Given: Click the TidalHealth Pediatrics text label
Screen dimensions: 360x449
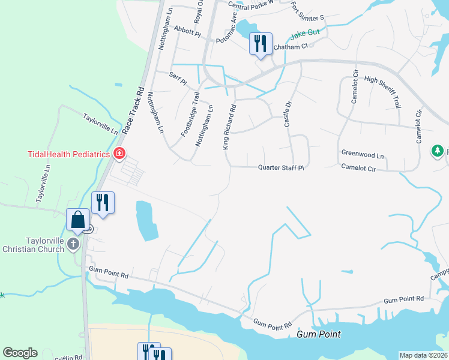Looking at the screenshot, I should point(69,154).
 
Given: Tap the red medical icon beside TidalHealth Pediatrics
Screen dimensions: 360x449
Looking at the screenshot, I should point(119,154).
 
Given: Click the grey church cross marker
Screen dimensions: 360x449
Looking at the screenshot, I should point(73,244).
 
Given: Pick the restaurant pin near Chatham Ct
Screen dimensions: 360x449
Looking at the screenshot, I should point(261,43).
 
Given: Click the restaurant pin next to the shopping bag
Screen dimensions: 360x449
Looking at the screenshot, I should point(103,203).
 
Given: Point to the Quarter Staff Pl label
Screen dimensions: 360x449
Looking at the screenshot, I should point(282,168).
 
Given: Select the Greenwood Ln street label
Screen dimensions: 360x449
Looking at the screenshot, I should point(362,153).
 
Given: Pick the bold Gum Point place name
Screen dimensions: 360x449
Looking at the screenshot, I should point(319,334).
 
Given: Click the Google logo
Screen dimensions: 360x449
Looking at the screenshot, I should point(20,352).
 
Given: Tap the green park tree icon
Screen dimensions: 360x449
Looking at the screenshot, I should point(438,151).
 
